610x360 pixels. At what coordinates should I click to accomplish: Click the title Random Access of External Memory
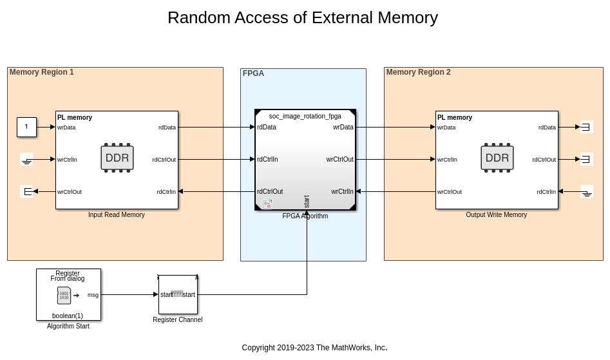click(x=302, y=18)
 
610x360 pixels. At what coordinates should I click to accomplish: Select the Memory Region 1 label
click(x=42, y=72)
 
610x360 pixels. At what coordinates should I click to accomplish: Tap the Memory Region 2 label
click(x=419, y=72)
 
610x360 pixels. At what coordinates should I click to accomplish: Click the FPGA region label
click(x=253, y=73)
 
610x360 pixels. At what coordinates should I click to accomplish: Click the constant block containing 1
click(x=26, y=127)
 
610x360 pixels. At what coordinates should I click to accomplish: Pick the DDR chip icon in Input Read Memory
click(x=117, y=158)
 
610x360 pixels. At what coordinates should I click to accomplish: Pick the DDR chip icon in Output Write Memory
click(x=497, y=158)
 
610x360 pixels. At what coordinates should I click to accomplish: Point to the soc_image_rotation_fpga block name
click(x=305, y=117)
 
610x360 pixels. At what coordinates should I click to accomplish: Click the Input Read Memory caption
click(x=117, y=215)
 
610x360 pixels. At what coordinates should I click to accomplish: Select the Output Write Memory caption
click(x=497, y=215)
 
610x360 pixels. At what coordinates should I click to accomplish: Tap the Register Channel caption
click(x=178, y=320)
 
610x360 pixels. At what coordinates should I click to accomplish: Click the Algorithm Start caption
click(x=68, y=327)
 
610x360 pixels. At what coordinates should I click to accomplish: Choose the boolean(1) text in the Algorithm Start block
click(x=68, y=316)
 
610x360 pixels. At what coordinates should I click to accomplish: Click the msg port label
click(x=93, y=295)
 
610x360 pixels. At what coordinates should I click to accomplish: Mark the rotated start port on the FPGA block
click(x=307, y=201)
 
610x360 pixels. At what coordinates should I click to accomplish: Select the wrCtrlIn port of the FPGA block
click(x=342, y=191)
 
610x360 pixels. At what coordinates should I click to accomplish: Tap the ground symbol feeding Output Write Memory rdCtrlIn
click(x=587, y=192)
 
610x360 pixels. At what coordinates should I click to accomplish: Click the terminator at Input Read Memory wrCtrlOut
click(x=27, y=191)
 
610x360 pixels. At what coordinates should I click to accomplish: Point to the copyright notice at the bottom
click(x=314, y=348)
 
